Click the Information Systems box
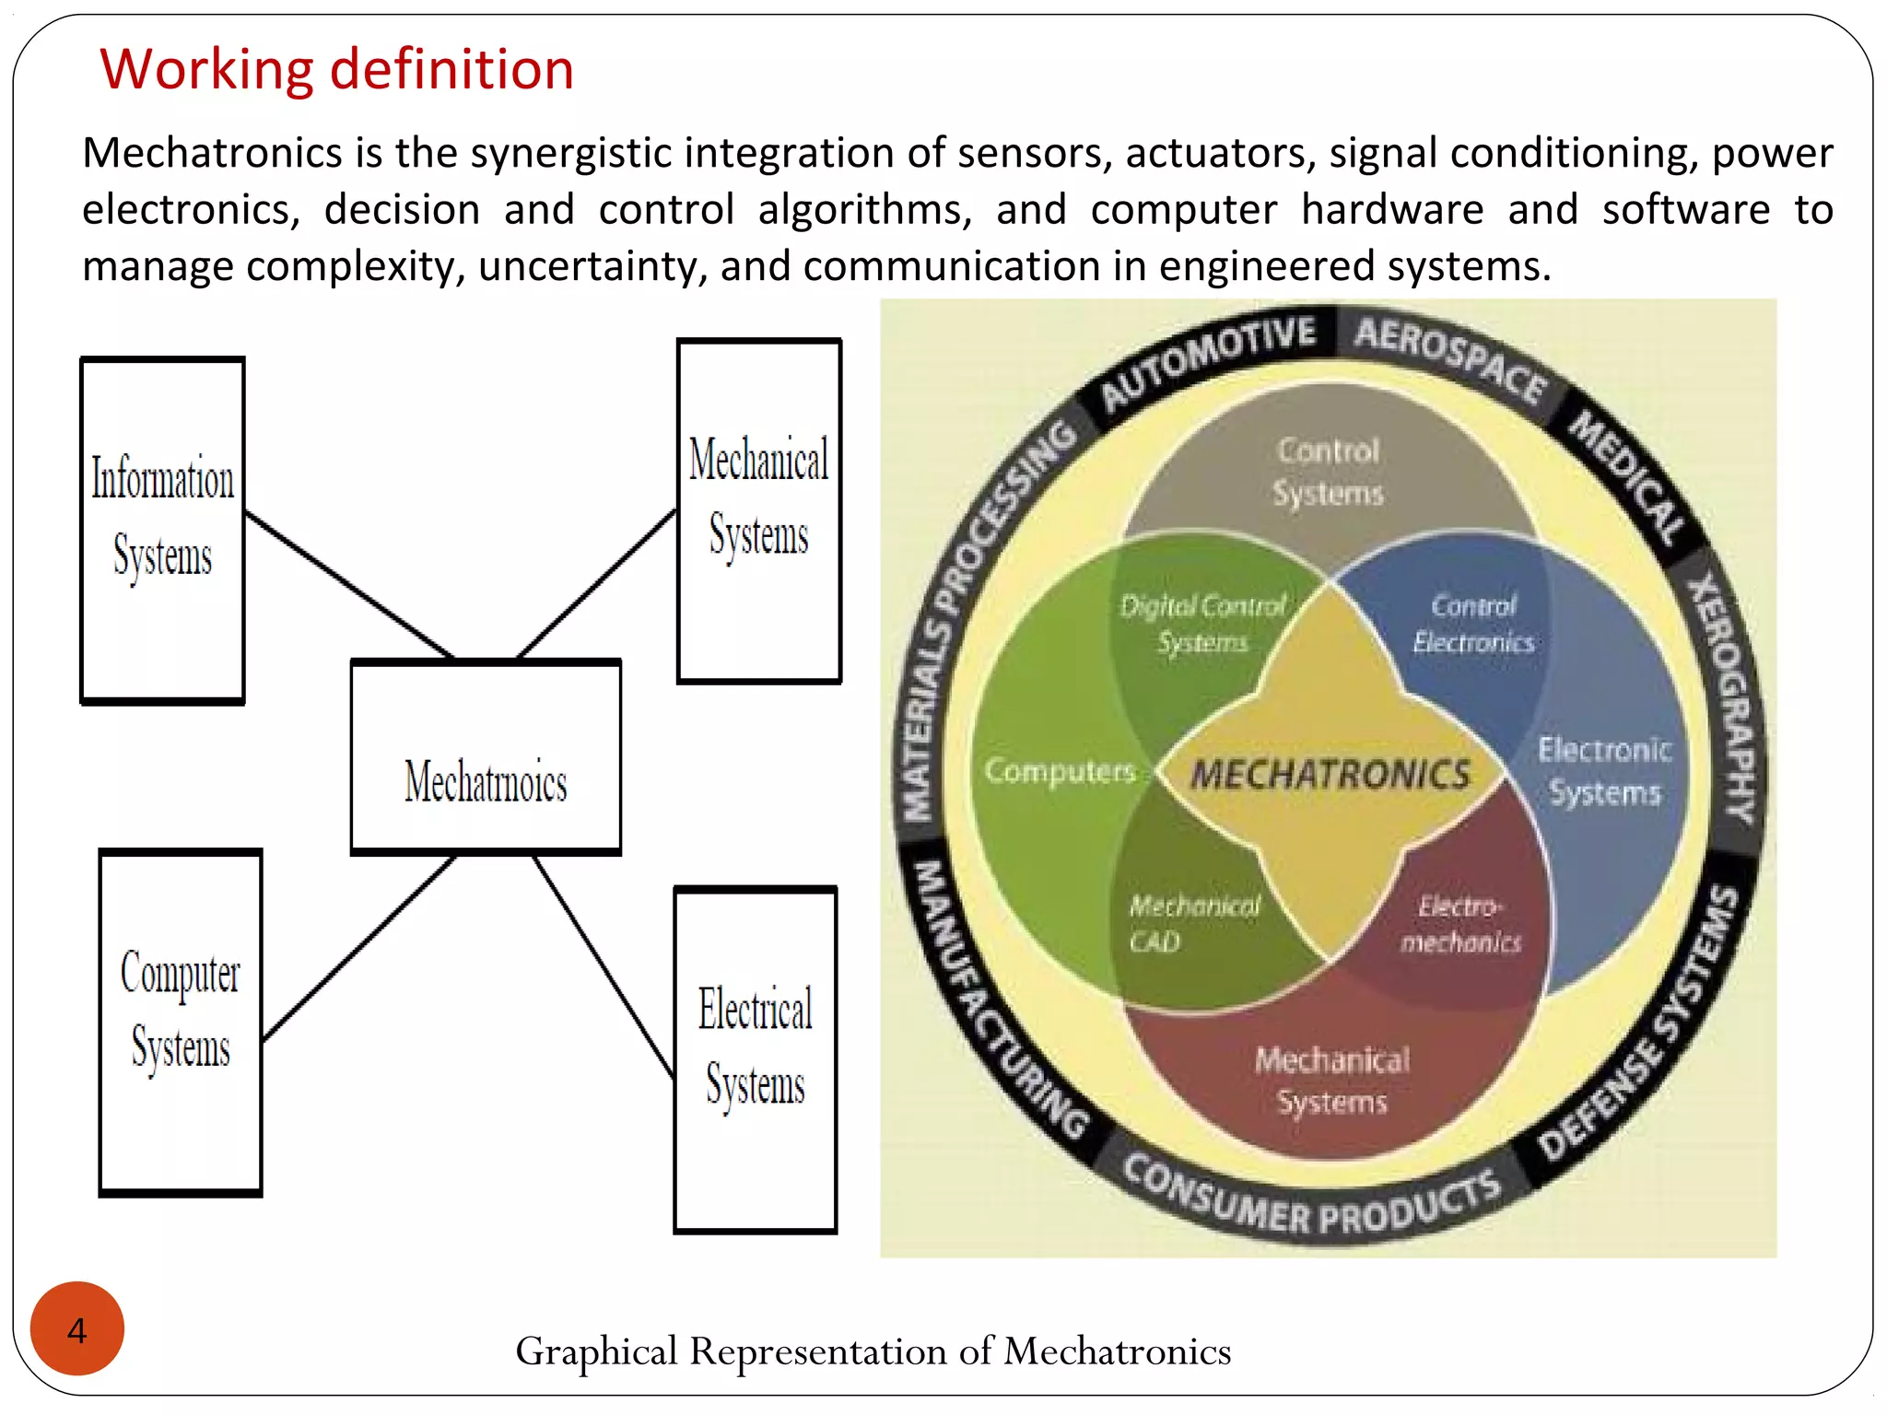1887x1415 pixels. pyautogui.click(x=163, y=530)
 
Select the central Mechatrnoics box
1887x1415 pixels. pyautogui.click(x=486, y=757)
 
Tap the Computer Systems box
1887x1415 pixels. pyautogui.click(x=181, y=1022)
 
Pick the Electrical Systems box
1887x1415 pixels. pyautogui.click(x=756, y=1059)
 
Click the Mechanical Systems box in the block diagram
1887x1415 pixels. pyautogui.click(x=759, y=511)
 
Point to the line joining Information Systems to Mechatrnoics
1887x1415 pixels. pyautogui.click(x=349, y=584)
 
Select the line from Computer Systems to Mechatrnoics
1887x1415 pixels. pyautogui.click(x=359, y=948)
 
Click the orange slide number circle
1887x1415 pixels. pyautogui.click(x=77, y=1328)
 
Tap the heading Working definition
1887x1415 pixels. pyautogui.click(x=337, y=69)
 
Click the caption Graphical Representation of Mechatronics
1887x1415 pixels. pyautogui.click(x=873, y=1351)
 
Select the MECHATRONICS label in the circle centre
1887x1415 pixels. pyautogui.click(x=1330, y=775)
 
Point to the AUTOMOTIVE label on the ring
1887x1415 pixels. pyautogui.click(x=1208, y=361)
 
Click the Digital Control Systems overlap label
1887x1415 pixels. pyautogui.click(x=1202, y=624)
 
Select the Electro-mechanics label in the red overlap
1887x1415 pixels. pyautogui.click(x=1461, y=924)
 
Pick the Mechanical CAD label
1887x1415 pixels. pyautogui.click(x=1193, y=923)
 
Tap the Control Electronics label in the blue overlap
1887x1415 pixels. pyautogui.click(x=1473, y=624)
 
